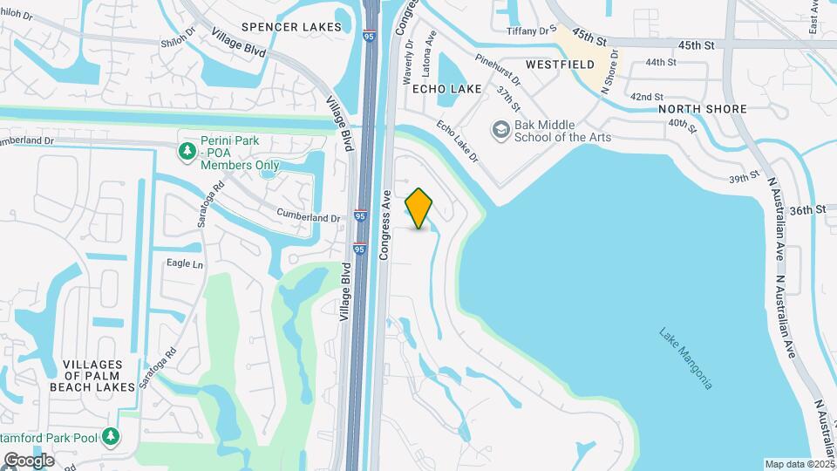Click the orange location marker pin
[418, 208]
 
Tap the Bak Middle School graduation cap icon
[500, 130]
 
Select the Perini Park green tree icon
[187, 152]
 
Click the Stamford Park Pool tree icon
[111, 436]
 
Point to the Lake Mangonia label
[685, 358]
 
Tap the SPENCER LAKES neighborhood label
[292, 27]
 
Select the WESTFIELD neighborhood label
[561, 65]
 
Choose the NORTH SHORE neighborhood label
[703, 109]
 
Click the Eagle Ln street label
[184, 263]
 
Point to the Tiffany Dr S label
[532, 31]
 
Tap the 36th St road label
[808, 210]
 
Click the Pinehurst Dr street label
[497, 71]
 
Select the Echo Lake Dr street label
[458, 140]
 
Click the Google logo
[29, 460]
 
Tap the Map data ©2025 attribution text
[800, 464]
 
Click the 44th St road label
[661, 62]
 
